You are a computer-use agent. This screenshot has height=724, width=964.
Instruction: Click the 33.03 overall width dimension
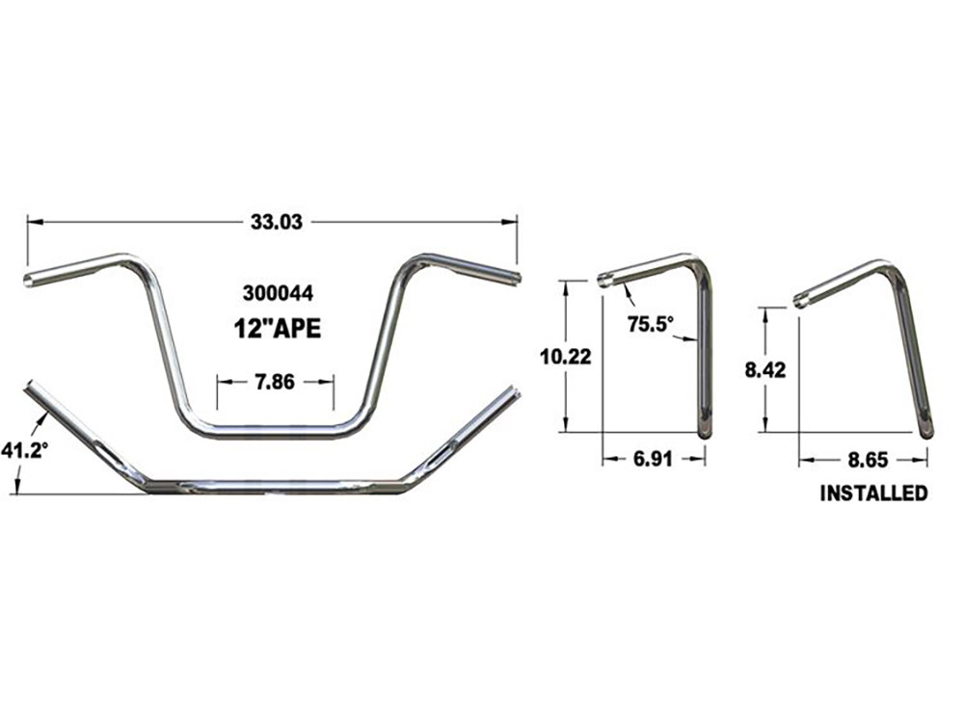coord(277,222)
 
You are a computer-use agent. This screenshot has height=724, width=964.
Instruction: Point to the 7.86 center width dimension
coord(275,381)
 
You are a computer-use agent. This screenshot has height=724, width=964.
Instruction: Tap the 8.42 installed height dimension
coord(764,369)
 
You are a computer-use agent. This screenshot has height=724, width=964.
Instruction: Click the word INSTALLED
coord(873,494)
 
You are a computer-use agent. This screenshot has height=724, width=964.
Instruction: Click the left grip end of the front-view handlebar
coord(29,281)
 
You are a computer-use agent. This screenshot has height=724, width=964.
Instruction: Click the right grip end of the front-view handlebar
coord(517,279)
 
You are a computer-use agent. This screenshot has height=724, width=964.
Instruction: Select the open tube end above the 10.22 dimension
coord(605,281)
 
